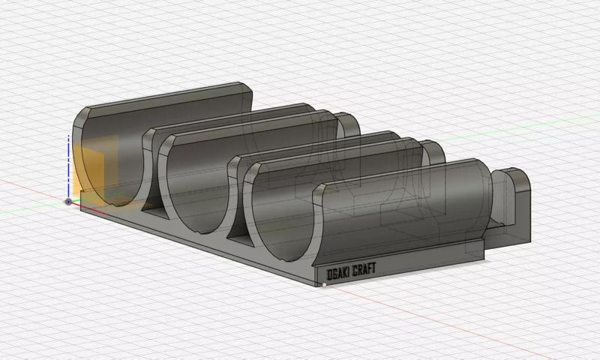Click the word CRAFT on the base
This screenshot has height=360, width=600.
point(362,267)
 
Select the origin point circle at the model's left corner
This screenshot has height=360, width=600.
point(69,201)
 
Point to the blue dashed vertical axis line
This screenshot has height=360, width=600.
point(69,165)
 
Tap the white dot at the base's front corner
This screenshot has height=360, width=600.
point(323,285)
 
